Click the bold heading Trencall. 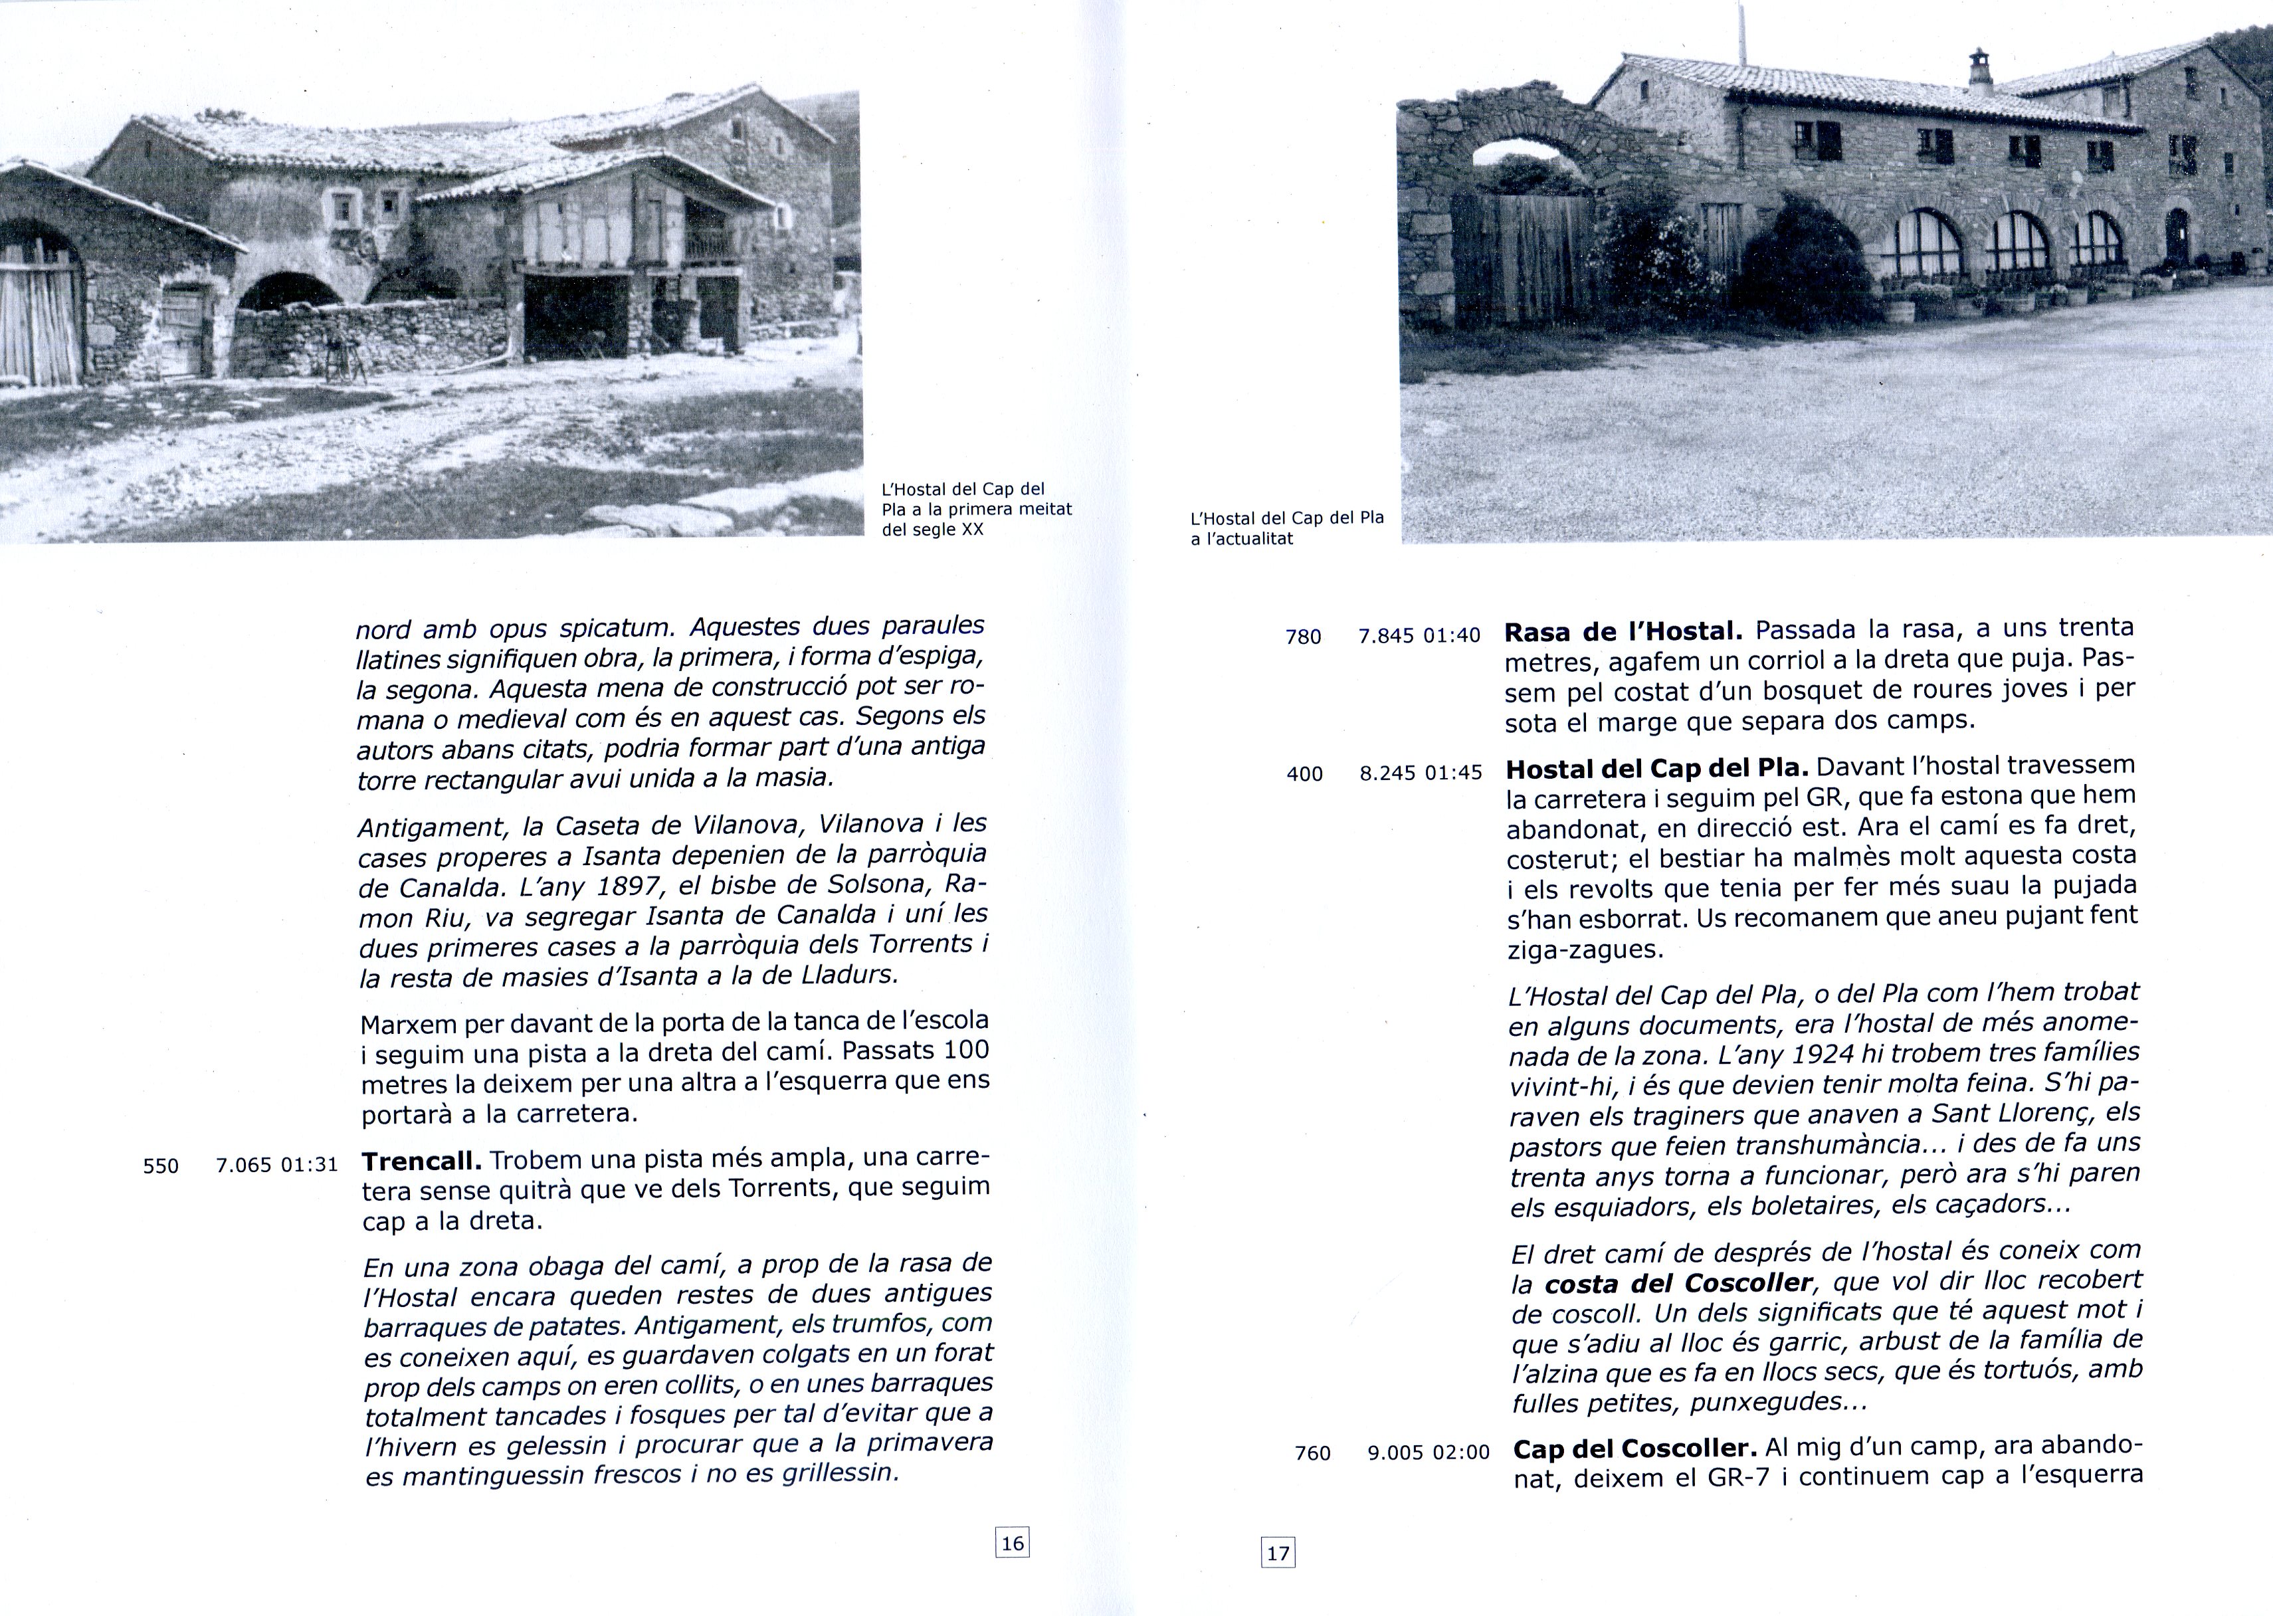tap(422, 1160)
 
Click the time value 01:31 tap(310, 1164)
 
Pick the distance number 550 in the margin tap(161, 1166)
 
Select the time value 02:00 tap(1460, 1453)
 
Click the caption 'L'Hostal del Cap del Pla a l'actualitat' tap(1287, 528)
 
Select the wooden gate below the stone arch tap(1522, 258)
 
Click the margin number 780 tap(1303, 637)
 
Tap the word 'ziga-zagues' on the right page tap(1585, 950)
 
